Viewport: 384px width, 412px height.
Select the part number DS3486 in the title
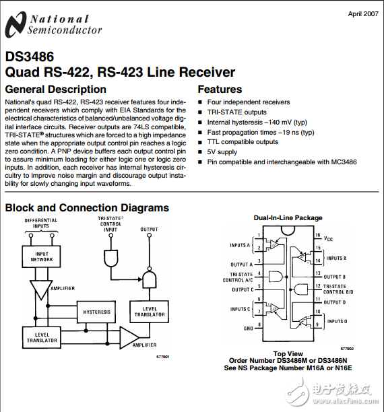point(30,57)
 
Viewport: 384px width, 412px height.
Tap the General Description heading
point(55,89)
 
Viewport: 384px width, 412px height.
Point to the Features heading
point(220,89)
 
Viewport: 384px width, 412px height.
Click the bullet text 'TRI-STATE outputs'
point(236,112)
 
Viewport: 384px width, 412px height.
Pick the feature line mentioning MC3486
point(282,162)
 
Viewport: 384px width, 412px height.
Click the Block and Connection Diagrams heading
point(87,207)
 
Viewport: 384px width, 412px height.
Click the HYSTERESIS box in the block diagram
point(97,312)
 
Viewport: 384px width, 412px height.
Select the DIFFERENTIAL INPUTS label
point(41,224)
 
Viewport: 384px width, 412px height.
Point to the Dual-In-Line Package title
point(288,218)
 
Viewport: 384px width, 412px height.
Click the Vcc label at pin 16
point(328,239)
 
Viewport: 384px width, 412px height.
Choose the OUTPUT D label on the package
point(335,302)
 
